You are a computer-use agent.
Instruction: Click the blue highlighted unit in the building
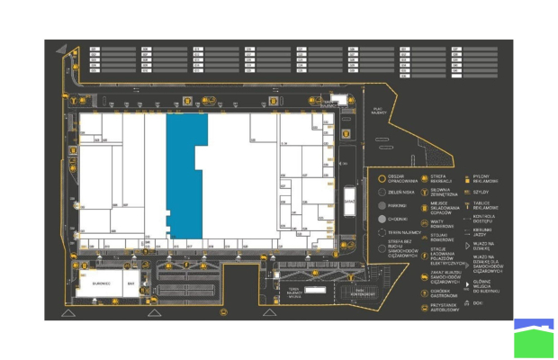point(184,175)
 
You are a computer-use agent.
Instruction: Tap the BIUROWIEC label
point(100,283)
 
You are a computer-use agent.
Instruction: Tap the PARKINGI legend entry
point(399,205)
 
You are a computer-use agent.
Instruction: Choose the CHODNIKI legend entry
point(399,219)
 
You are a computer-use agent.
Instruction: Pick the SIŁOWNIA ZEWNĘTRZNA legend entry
point(442,191)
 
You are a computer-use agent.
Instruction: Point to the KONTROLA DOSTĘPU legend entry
point(487,218)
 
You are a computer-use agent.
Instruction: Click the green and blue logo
point(534,337)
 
